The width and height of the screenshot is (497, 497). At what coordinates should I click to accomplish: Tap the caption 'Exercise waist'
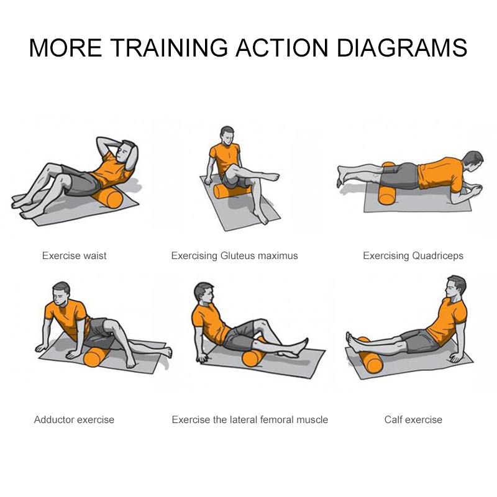(74, 255)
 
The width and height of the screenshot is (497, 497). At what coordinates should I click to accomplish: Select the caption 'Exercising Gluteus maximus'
(234, 255)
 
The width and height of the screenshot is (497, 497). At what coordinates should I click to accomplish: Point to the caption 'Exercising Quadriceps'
(413, 255)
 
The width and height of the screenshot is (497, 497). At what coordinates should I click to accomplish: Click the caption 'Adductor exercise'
(74, 419)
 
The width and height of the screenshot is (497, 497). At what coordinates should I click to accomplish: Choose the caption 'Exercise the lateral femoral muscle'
(250, 419)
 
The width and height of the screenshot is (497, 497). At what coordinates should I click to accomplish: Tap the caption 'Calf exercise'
(413, 419)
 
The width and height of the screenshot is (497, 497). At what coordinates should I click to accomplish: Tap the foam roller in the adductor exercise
(95, 358)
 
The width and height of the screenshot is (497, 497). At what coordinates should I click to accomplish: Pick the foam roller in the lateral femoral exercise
(253, 357)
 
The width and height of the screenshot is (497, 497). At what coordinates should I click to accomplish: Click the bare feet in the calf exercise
(350, 340)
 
